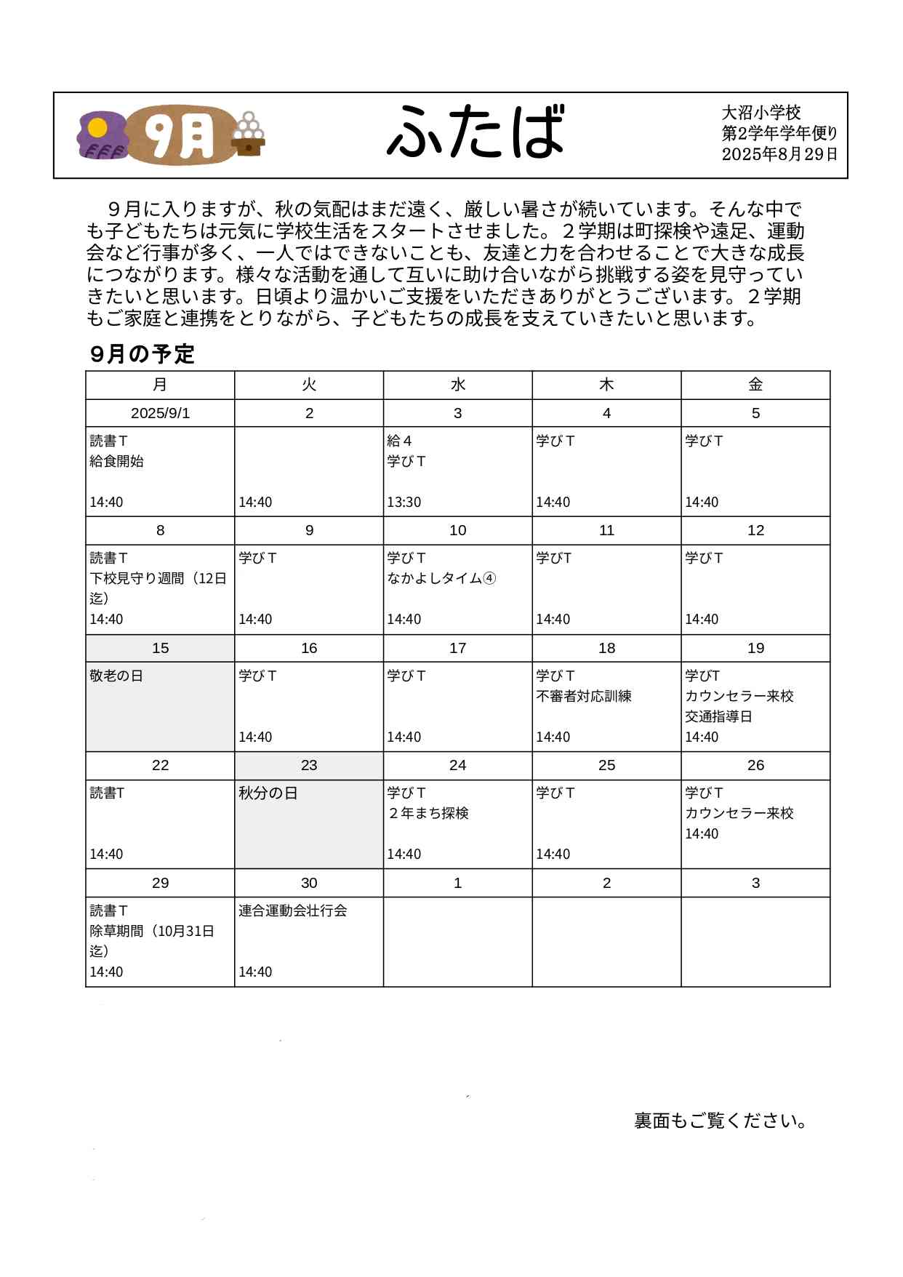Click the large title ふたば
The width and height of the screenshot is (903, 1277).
(475, 132)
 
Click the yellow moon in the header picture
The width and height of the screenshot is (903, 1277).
(97, 129)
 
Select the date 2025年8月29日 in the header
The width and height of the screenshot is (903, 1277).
(779, 154)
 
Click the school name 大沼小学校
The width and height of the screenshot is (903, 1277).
(760, 113)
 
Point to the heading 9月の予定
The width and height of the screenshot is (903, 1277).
(143, 354)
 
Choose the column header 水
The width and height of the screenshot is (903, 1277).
(457, 385)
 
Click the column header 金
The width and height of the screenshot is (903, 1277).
(755, 385)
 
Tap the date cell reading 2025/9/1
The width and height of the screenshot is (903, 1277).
(160, 413)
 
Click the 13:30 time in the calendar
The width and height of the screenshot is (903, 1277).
(404, 502)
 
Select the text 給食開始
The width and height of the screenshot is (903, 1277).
(117, 461)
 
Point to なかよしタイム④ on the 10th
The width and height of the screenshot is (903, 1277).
(441, 578)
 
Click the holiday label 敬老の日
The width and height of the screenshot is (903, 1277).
(116, 676)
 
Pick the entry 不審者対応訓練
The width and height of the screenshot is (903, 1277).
(584, 696)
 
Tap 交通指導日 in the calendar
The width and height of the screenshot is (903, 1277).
(718, 716)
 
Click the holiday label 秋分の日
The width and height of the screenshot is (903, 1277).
(268, 793)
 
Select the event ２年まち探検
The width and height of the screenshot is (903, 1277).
(428, 813)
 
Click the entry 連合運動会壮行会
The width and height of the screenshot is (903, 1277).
(293, 910)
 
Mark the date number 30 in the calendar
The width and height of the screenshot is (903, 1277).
(309, 883)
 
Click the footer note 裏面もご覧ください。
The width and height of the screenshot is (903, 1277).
(721, 1121)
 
